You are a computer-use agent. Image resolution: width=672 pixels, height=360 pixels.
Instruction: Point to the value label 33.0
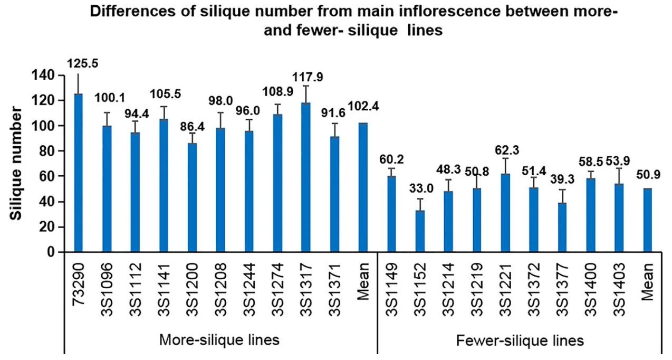[x=420, y=189]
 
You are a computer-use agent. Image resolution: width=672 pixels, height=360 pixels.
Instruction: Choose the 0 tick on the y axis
[x=51, y=252]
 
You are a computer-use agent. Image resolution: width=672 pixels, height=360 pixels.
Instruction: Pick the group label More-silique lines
[x=219, y=340]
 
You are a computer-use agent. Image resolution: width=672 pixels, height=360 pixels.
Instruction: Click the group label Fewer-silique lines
[x=520, y=340]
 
